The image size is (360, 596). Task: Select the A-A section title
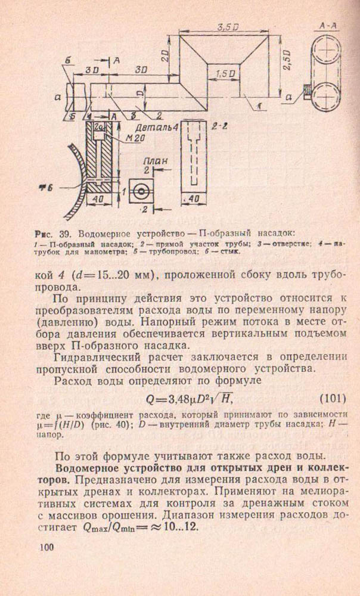[329, 27]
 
